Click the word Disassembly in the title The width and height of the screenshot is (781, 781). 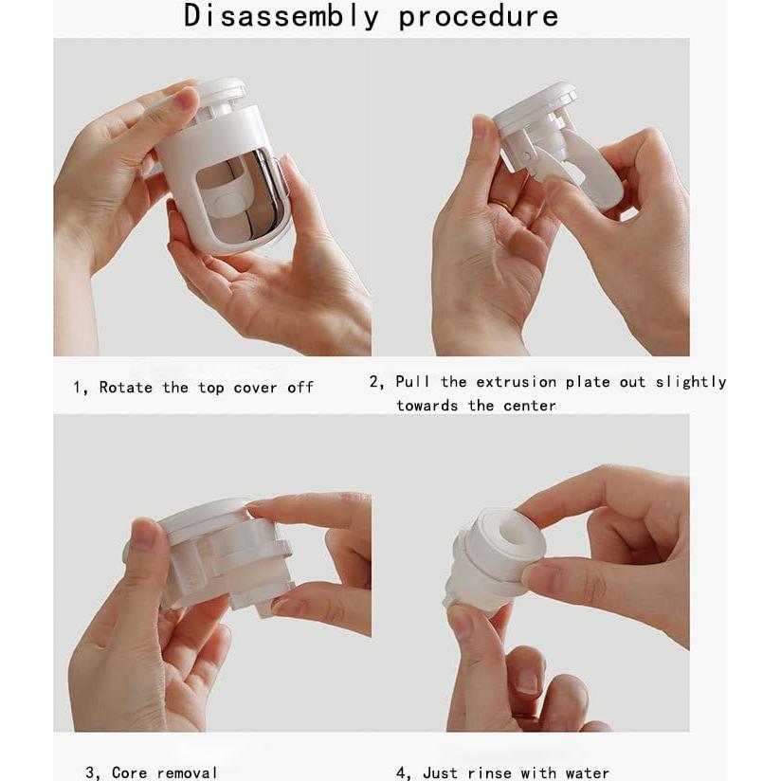[281, 16]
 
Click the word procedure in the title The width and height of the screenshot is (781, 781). [478, 16]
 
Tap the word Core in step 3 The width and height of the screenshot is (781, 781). [129, 772]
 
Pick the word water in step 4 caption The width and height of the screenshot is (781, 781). [587, 772]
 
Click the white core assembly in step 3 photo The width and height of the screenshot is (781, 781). [223, 559]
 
